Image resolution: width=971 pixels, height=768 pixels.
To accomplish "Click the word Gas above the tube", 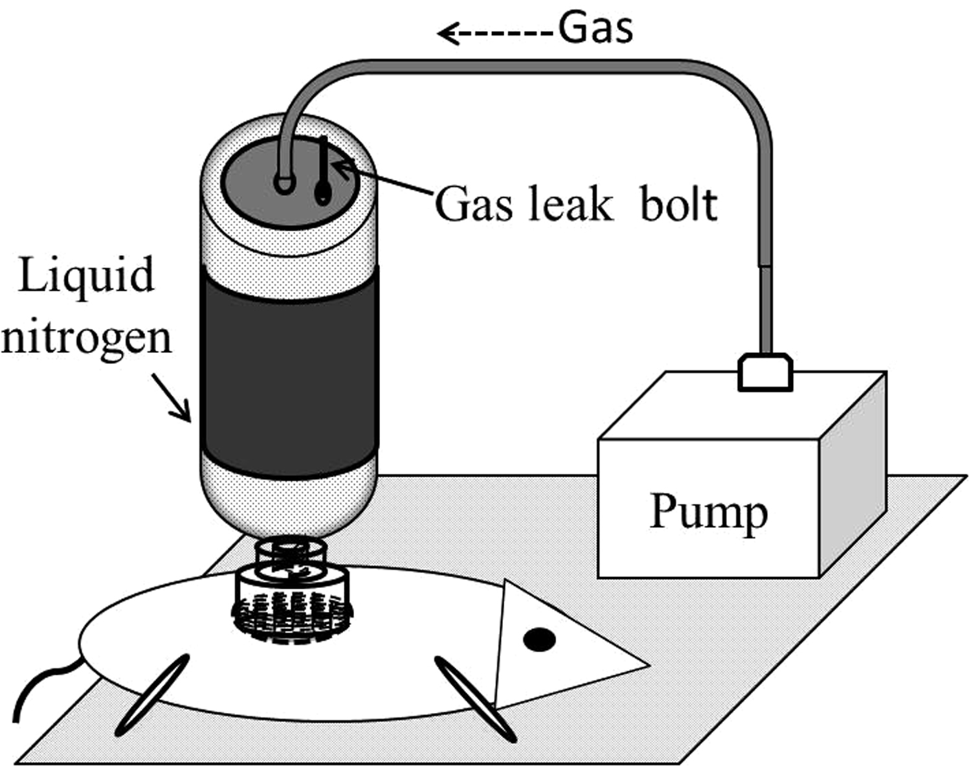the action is coord(596,28).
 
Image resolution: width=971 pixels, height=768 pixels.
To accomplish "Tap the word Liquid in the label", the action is coord(85,275).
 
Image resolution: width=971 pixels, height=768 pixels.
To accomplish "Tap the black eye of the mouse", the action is coord(539,639).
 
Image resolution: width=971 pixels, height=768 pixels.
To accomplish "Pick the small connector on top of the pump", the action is coord(765,372).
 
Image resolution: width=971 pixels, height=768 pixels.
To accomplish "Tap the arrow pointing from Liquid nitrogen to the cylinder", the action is coord(172,398).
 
